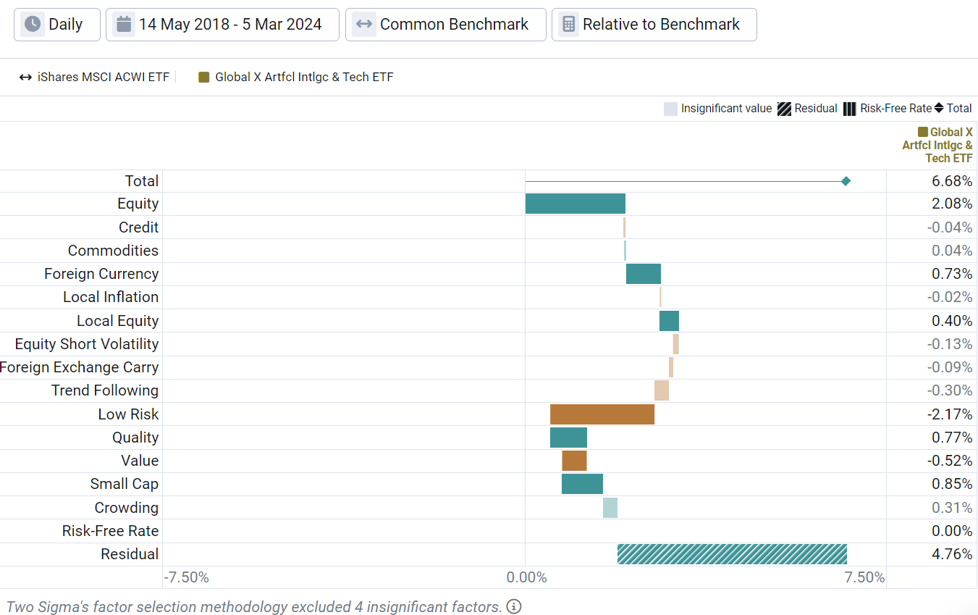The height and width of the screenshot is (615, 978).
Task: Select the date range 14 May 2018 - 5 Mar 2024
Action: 222,25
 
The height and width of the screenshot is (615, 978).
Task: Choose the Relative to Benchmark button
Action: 654,25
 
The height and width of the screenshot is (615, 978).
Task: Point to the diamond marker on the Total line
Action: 846,181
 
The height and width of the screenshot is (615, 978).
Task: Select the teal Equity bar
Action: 575,204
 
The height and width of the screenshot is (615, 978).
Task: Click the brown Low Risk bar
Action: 602,414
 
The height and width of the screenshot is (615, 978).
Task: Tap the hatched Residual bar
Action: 731,554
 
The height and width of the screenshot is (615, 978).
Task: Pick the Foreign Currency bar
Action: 643,274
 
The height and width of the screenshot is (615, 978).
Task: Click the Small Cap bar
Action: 582,484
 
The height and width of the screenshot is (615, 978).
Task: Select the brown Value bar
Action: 574,461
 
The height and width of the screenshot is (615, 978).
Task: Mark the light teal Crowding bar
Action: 610,508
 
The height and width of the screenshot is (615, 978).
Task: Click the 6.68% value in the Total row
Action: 951,181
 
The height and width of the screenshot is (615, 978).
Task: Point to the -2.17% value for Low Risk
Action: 950,414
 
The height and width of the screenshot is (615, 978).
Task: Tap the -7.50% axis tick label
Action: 187,577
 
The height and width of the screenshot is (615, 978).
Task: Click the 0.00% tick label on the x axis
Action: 526,577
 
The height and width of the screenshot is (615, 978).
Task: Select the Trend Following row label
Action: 104,390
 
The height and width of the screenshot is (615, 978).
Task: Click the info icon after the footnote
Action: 513,606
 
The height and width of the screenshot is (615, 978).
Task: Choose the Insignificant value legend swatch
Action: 670,109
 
